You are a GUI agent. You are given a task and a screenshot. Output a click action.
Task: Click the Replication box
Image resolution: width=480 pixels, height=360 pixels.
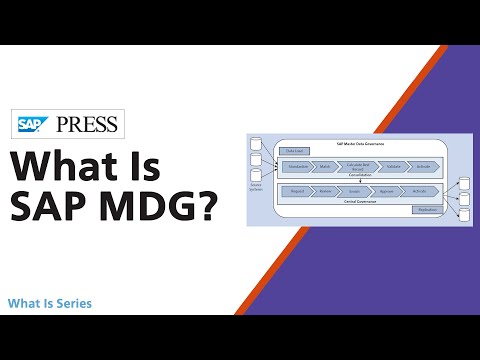427,210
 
